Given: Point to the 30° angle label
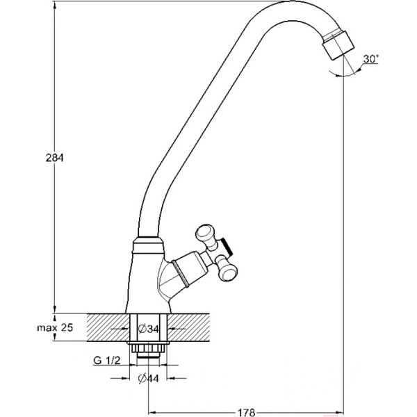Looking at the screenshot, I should click(x=370, y=59).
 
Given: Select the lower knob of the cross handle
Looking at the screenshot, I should click(x=228, y=270).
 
